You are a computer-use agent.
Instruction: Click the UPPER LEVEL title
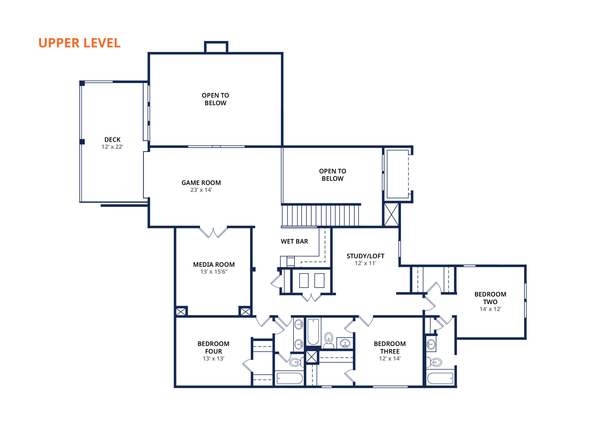(x=80, y=43)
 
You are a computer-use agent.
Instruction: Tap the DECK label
(x=112, y=140)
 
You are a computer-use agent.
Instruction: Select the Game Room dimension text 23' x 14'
(x=201, y=190)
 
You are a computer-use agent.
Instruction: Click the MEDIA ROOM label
(x=214, y=265)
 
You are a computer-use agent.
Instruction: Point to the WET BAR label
(x=294, y=241)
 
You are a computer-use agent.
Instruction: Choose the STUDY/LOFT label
(x=365, y=256)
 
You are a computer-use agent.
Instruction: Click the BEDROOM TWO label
(x=490, y=298)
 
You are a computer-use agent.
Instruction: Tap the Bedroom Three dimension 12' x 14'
(x=390, y=358)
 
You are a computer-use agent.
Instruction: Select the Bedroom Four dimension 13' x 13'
(x=214, y=358)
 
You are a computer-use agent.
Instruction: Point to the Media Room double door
(x=213, y=232)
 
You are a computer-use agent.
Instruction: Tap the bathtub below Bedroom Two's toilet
(x=440, y=378)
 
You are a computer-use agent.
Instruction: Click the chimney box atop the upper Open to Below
(x=216, y=47)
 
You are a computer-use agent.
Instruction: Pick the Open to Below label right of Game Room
(x=333, y=175)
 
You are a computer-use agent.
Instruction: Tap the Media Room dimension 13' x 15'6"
(x=214, y=272)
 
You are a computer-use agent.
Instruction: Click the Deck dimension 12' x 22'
(x=112, y=147)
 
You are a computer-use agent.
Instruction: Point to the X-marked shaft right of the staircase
(x=391, y=215)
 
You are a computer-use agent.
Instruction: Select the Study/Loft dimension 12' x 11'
(x=365, y=263)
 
